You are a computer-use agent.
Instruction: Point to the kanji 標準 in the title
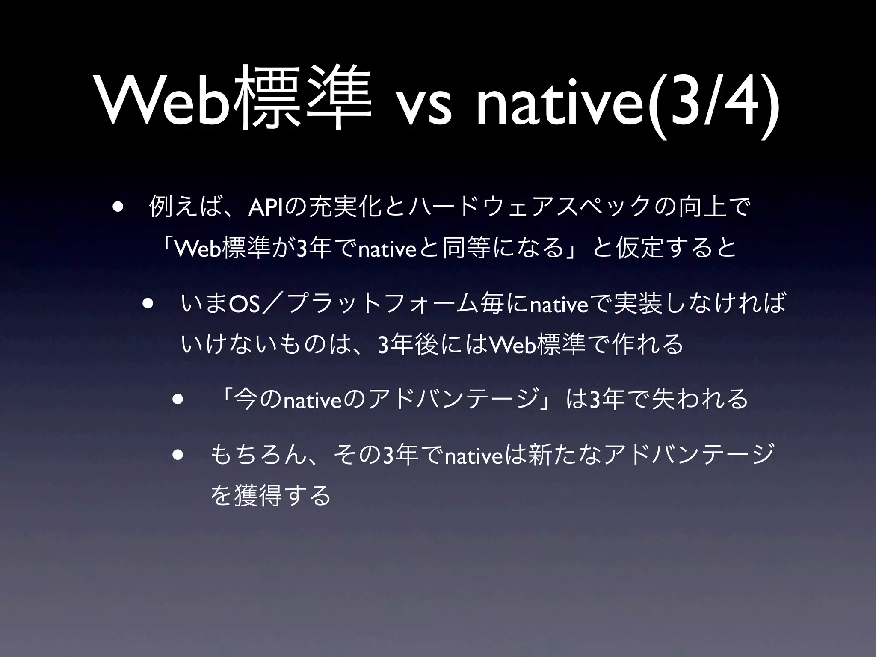pos(302,101)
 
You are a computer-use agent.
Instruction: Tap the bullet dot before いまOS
pos(148,305)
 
